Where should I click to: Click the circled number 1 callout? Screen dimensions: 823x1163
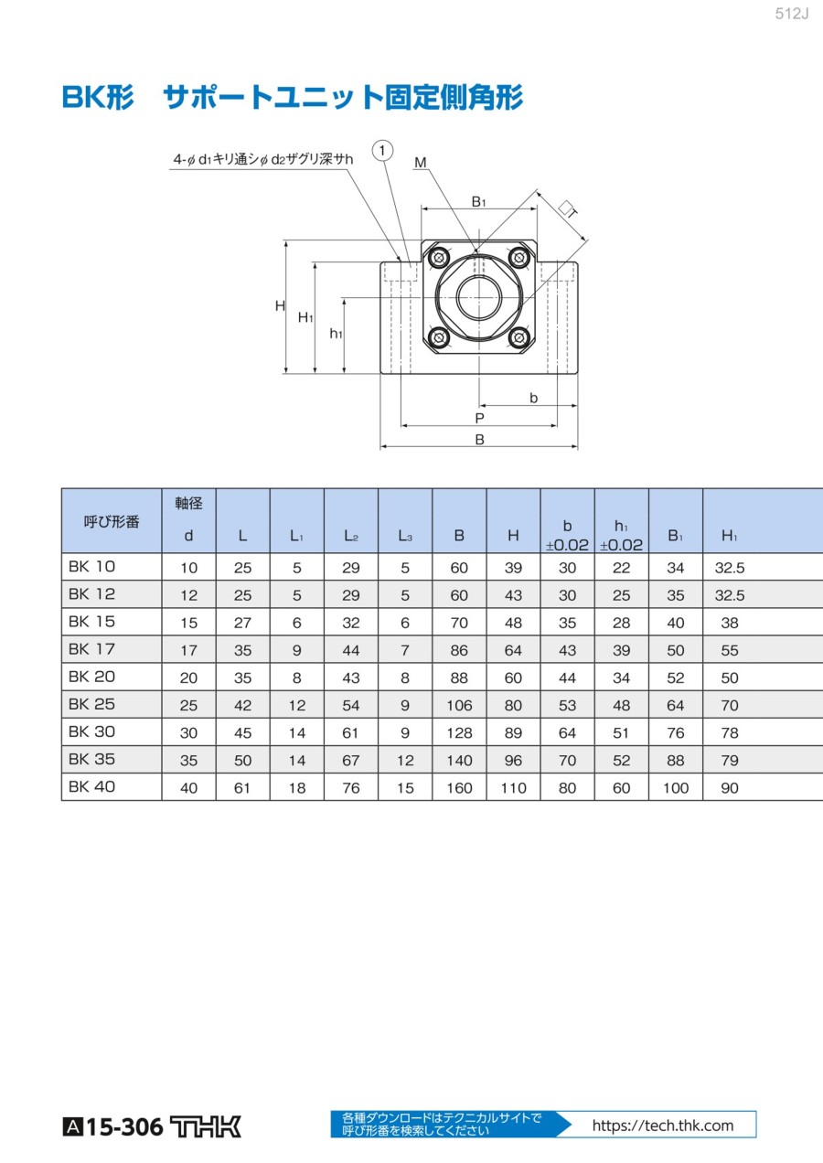pyautogui.click(x=382, y=151)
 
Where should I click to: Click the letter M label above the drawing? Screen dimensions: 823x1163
pyautogui.click(x=420, y=163)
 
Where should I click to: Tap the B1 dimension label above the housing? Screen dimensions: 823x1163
pyautogui.click(x=478, y=201)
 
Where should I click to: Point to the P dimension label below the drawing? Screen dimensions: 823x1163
pyautogui.click(x=479, y=418)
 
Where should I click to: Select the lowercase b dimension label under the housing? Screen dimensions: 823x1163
pyautogui.click(x=533, y=398)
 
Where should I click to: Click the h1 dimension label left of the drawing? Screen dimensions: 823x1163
pyautogui.click(x=336, y=334)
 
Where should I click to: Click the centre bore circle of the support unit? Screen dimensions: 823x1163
pyautogui.click(x=479, y=297)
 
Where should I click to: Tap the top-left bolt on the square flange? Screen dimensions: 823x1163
pyautogui.click(x=440, y=258)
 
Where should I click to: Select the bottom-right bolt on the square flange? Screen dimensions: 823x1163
pyautogui.click(x=518, y=337)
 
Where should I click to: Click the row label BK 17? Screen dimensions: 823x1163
pyautogui.click(x=91, y=649)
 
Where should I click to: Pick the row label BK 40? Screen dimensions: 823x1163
pyautogui.click(x=91, y=786)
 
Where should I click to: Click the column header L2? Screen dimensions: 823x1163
pyautogui.click(x=351, y=535)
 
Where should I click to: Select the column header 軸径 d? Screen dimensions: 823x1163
pyautogui.click(x=188, y=519)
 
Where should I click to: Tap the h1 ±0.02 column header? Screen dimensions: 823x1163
pyautogui.click(x=621, y=535)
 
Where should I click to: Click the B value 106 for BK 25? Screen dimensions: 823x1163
pyautogui.click(x=459, y=705)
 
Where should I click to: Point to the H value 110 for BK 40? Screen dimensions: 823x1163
pyautogui.click(x=513, y=787)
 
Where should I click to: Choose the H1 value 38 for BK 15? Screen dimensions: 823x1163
pyautogui.click(x=729, y=623)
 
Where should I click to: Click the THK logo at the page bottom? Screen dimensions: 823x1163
pyautogui.click(x=206, y=1126)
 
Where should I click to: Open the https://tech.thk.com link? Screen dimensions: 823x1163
pyautogui.click(x=663, y=1126)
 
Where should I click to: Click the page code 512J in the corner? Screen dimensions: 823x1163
pyautogui.click(x=792, y=14)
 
